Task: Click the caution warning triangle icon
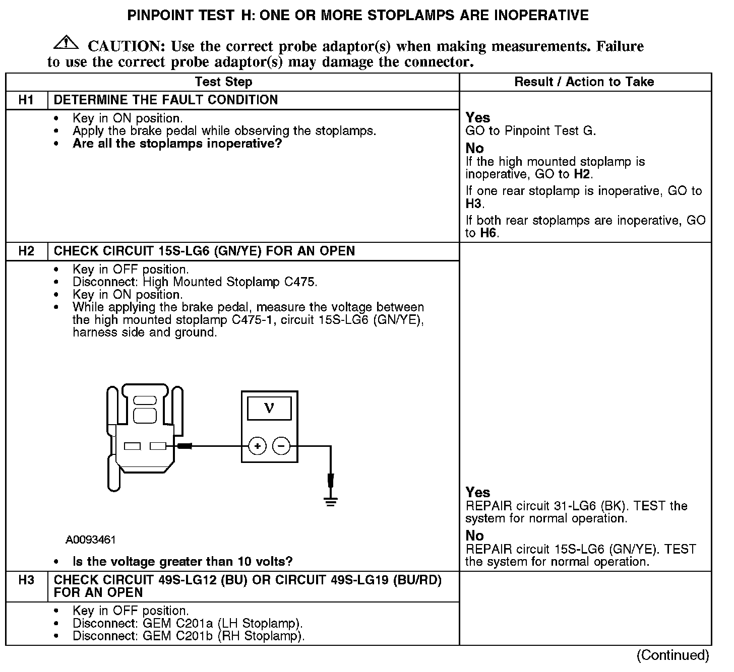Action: (66, 44)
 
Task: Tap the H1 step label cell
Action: (26, 100)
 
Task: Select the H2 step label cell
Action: (26, 251)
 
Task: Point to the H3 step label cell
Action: (26, 580)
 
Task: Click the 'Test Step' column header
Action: (223, 82)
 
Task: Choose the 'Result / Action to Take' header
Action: (584, 82)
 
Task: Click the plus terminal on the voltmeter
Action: (257, 446)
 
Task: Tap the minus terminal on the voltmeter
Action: (281, 446)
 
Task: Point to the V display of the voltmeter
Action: (269, 408)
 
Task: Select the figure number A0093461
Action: (91, 540)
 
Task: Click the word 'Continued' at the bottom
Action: (673, 655)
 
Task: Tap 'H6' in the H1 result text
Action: (488, 233)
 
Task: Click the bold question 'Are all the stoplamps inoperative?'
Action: (177, 144)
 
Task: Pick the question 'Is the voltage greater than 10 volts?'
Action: (183, 561)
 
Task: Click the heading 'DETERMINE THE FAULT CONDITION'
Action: (166, 100)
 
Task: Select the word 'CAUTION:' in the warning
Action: (126, 46)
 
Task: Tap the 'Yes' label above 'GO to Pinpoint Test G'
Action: (477, 117)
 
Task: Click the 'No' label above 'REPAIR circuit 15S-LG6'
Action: (474, 535)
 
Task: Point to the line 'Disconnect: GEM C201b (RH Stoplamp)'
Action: (189, 636)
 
